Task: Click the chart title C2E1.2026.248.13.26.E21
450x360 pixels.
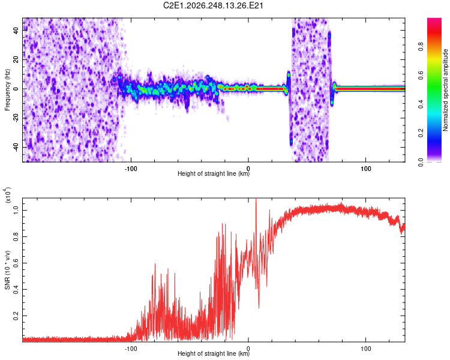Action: point(213,5)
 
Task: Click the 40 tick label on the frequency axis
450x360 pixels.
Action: point(16,30)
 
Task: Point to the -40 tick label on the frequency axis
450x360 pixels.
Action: point(16,148)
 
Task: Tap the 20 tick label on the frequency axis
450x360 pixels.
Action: point(16,59)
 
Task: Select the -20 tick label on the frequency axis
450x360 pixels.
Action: point(16,118)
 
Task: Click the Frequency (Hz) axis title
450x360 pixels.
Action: point(7,90)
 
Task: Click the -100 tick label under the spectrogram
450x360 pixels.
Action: point(131,169)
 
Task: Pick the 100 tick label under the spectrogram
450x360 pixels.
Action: point(365,169)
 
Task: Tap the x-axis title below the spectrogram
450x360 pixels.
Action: point(214,173)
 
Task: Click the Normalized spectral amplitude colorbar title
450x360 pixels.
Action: point(445,90)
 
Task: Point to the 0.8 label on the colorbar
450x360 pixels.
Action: point(421,46)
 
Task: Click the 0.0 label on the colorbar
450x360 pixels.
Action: point(421,162)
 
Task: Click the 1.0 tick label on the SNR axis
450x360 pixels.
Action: point(16,211)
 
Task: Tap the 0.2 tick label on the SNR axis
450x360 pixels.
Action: point(16,316)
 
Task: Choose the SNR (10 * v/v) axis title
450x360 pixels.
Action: point(7,270)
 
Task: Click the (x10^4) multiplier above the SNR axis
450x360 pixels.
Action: point(8,195)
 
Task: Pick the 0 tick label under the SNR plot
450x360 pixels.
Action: point(248,349)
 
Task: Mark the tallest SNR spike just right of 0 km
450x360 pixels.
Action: point(256,199)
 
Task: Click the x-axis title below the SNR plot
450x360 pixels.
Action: point(214,353)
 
